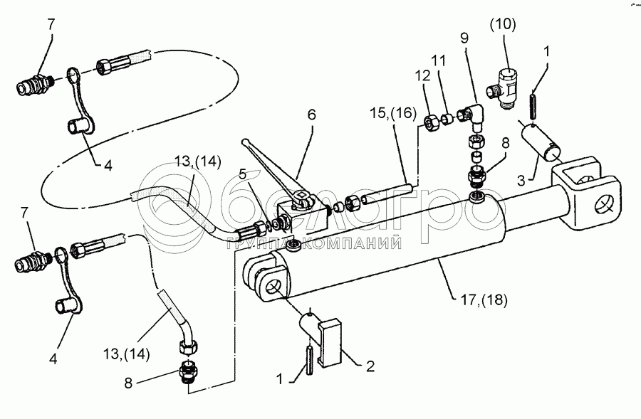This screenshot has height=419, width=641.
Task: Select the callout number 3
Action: click(523, 182)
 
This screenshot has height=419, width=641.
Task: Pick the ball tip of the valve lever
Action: click(246, 142)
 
